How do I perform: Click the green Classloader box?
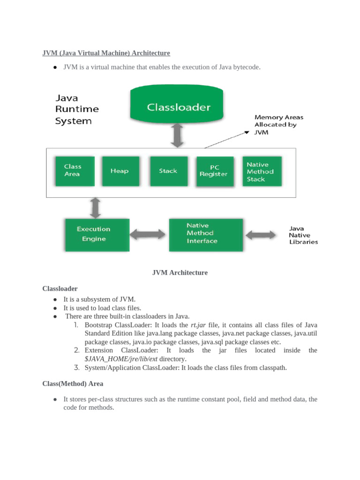point(177,104)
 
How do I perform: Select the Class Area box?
point(75,171)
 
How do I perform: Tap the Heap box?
point(120,171)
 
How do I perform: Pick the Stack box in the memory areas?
point(169,171)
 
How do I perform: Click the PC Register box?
point(215,172)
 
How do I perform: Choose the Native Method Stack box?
point(262,171)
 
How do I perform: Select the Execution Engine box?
point(97,235)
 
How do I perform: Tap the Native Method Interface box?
point(206,235)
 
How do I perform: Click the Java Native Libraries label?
point(303,235)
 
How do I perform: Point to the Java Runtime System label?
point(77,109)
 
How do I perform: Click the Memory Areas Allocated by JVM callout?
point(278,125)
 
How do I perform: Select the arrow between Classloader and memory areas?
point(177,135)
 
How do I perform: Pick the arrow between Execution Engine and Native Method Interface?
point(147,234)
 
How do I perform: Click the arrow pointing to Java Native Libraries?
point(261,235)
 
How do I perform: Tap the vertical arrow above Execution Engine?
point(96,208)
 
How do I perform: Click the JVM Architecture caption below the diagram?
point(180,272)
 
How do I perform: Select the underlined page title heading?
point(106,53)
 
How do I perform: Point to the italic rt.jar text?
point(198,325)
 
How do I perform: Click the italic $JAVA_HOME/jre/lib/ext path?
point(121,359)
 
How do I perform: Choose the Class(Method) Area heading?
point(73,383)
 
